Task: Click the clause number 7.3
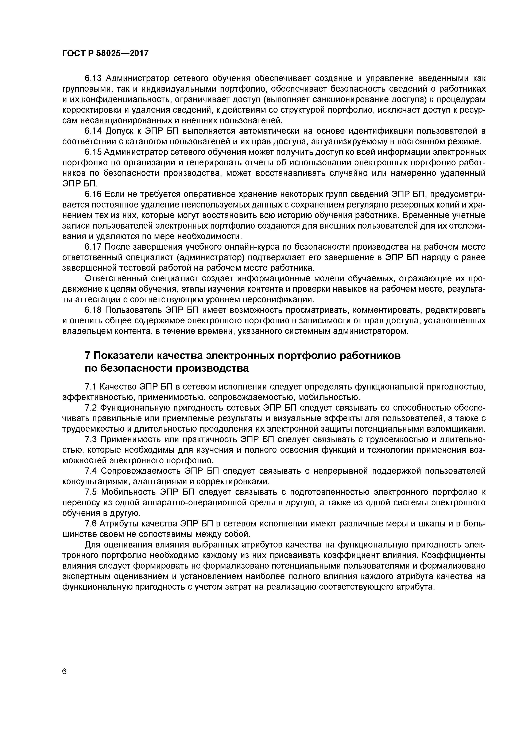tap(91, 439)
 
